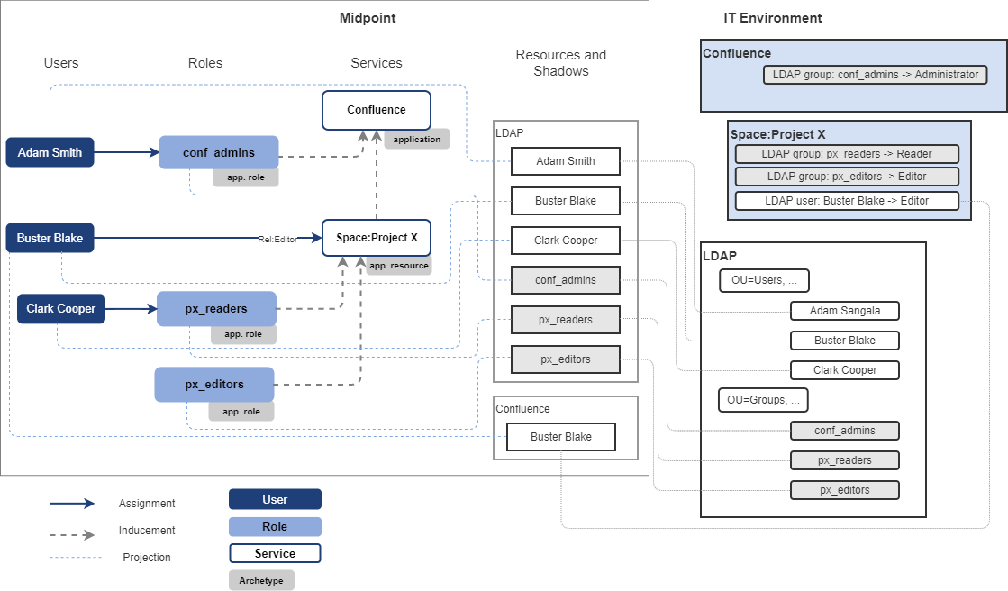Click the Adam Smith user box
coord(50,152)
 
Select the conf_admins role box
coord(219,152)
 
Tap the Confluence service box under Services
coord(377,110)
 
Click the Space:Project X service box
coord(377,238)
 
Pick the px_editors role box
coord(214,384)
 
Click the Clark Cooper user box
coord(60,308)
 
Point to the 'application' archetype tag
coord(417,140)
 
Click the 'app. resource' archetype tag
coord(398,266)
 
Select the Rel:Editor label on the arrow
coord(277,239)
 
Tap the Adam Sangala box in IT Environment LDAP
coord(844,311)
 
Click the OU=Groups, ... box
coord(763,399)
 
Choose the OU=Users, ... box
coord(764,280)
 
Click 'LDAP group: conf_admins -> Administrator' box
coord(875,75)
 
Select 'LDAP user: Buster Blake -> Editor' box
coord(847,201)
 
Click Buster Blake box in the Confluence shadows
coord(560,437)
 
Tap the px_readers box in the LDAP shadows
coord(565,319)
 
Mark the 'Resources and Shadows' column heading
coord(560,63)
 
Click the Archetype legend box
coord(261,580)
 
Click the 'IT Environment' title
coord(772,18)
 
